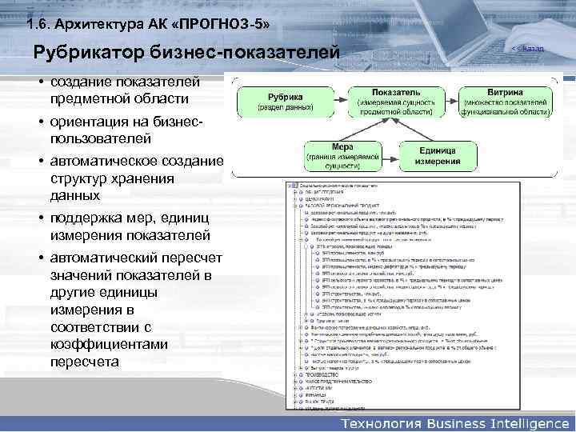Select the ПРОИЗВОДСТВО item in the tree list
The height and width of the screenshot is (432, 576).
[322, 374]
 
